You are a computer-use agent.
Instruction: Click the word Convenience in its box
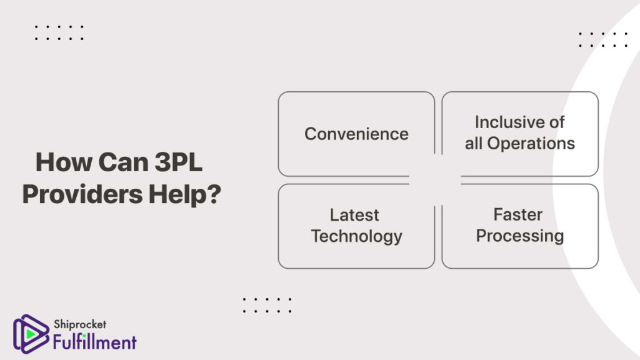click(356, 134)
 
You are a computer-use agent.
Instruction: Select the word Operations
click(531, 143)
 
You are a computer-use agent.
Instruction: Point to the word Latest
click(354, 215)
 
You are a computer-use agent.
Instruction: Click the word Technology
click(356, 237)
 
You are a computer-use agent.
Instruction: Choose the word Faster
click(518, 215)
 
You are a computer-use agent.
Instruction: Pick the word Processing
click(520, 236)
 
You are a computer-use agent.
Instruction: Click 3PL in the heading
click(178, 162)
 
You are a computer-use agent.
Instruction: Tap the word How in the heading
click(64, 162)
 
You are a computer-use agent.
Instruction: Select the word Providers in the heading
click(82, 194)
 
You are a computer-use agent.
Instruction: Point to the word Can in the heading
click(123, 162)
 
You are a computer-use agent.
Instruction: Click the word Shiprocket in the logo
click(80, 324)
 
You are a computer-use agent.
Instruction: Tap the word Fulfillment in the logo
click(95, 342)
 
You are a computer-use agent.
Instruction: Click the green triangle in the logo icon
click(30, 334)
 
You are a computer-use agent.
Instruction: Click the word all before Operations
click(474, 143)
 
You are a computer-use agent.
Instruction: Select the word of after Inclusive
click(556, 122)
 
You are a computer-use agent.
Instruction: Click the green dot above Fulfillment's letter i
click(84, 336)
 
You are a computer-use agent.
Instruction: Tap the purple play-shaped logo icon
click(31, 334)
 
